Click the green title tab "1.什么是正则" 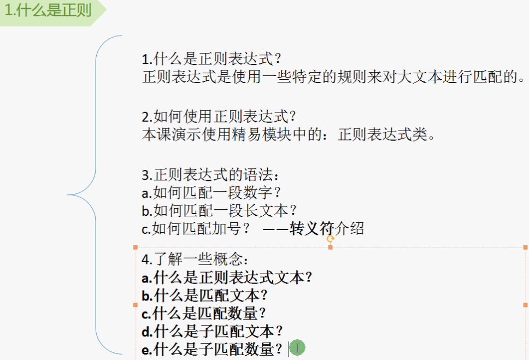48,11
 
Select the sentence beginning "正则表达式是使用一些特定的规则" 333,76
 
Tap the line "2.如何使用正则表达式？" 219,116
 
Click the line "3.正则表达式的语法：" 211,175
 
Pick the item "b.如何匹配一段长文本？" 219,210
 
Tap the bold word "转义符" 312,228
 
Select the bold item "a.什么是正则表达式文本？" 227,277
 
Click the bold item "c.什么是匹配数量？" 203,313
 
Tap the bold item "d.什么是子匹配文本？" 212,331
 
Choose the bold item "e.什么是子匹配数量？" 212,349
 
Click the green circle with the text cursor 297,347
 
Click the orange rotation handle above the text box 330,238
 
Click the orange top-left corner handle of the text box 136,247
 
